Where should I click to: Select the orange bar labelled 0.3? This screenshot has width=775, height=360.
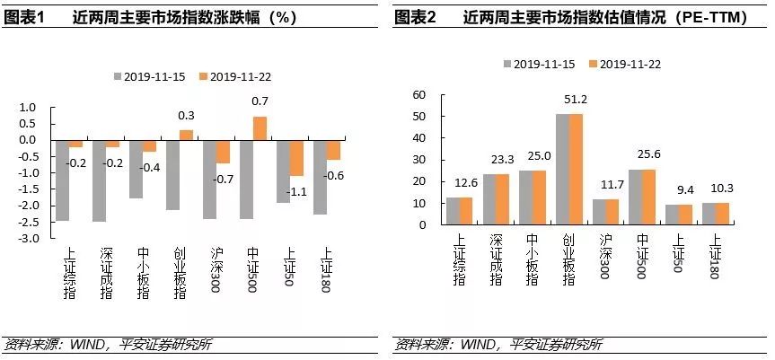click(x=186, y=135)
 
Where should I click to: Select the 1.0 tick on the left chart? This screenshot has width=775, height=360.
click(x=29, y=107)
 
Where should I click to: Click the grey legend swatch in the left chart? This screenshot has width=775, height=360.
click(x=117, y=77)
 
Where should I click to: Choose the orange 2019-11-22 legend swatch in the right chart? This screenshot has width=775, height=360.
click(x=592, y=64)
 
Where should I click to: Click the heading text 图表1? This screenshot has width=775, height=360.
click(x=24, y=17)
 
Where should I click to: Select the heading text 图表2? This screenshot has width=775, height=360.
click(x=415, y=17)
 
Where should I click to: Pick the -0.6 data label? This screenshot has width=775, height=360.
click(x=335, y=175)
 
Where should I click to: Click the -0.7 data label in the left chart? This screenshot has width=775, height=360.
click(x=221, y=178)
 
